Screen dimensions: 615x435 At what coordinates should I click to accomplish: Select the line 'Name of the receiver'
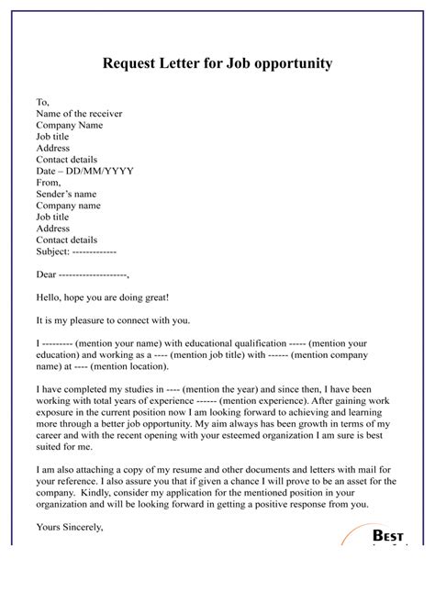tap(79, 112)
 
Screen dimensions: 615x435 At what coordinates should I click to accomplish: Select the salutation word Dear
tap(45, 274)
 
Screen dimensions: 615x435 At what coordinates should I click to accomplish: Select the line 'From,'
tap(48, 183)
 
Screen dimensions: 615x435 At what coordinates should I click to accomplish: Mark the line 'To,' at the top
tap(43, 100)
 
